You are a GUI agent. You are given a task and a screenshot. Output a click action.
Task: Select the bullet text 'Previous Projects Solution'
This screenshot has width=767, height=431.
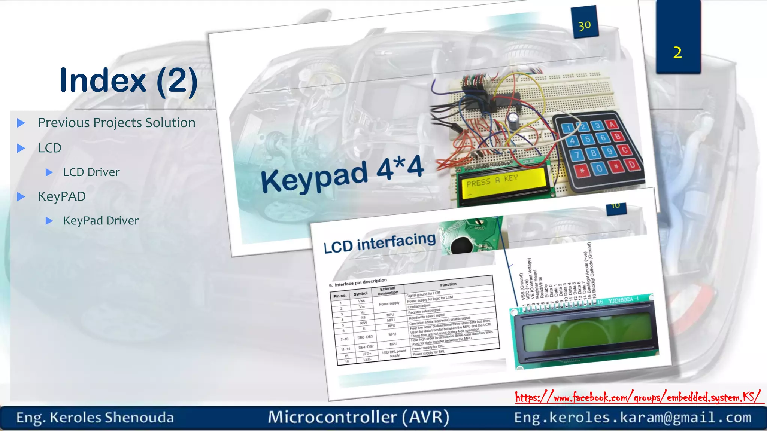(116, 123)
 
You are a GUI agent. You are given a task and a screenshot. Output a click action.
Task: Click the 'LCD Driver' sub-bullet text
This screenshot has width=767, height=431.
(91, 172)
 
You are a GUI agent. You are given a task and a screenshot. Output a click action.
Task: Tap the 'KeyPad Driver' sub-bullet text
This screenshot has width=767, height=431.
(101, 221)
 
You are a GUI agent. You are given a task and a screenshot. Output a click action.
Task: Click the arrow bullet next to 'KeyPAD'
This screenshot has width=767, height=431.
(21, 197)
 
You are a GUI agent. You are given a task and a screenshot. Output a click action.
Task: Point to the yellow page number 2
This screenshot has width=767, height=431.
(677, 53)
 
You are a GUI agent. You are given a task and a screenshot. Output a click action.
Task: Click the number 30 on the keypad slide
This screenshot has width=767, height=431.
(584, 26)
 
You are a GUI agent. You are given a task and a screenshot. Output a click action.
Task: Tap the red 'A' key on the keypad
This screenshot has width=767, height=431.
(612, 124)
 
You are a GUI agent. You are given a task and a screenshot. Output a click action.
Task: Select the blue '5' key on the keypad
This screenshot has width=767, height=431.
(588, 140)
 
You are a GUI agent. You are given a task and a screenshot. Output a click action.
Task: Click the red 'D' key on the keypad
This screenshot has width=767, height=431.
(632, 164)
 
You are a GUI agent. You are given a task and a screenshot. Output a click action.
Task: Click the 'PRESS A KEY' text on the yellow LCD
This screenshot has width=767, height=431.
(492, 181)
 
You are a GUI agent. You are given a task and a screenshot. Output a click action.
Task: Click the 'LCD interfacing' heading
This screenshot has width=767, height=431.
(379, 242)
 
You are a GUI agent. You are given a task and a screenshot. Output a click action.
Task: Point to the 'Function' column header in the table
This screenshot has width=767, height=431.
(448, 284)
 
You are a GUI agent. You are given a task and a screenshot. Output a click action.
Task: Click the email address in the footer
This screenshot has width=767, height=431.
(632, 418)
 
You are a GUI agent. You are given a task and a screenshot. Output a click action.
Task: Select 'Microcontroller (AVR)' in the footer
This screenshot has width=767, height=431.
(358, 417)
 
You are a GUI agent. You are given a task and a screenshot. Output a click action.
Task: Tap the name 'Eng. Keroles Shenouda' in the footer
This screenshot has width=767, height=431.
(95, 418)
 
